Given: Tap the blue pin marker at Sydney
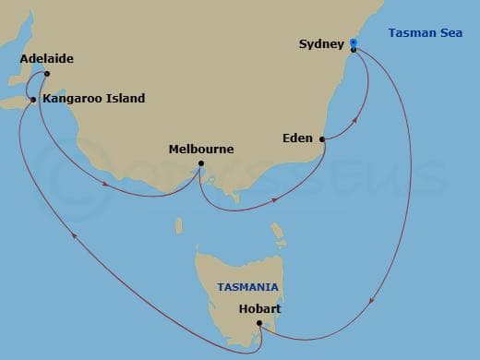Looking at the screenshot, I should coord(353,43).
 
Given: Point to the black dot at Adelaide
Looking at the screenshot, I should coord(46,75).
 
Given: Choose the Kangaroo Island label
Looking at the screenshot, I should coord(93,99).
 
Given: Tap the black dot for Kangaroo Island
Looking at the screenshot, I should coord(33,99).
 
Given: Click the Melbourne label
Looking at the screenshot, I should coord(201,149).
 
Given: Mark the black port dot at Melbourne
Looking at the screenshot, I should coord(201,166).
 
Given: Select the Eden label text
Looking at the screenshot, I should coord(297,139).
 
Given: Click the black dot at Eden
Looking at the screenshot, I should coord(321,140).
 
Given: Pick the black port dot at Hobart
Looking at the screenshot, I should coord(260,322).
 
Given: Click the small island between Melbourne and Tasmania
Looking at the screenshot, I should coord(275,227).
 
